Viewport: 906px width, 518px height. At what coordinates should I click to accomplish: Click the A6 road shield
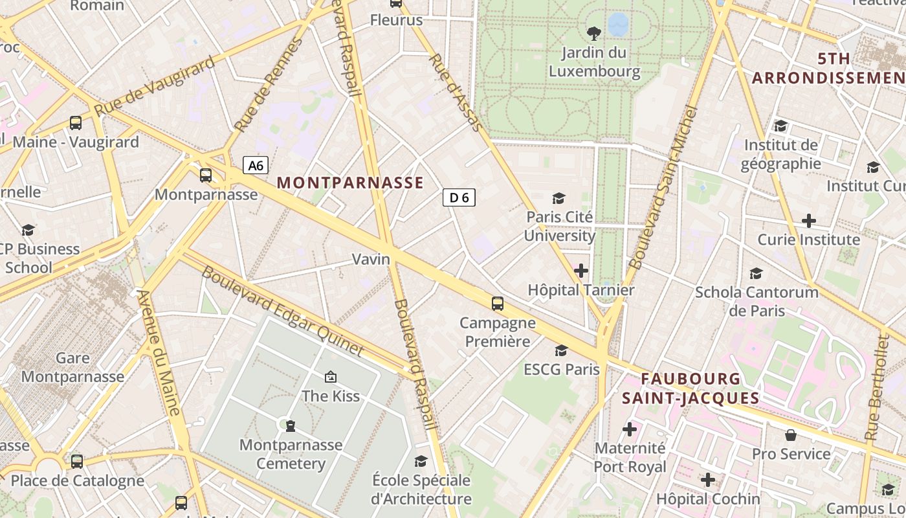tap(256, 166)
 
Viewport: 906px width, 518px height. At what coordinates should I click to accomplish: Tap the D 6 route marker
tap(459, 197)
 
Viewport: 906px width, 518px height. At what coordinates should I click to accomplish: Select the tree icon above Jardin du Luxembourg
tap(593, 33)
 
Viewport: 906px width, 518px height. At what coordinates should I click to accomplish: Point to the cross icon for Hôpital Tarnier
tap(581, 270)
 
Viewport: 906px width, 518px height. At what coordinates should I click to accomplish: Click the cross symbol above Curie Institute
tap(808, 221)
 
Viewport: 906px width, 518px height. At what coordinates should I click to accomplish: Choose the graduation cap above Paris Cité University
tap(558, 198)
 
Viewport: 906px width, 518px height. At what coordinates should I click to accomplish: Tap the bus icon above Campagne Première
tap(497, 303)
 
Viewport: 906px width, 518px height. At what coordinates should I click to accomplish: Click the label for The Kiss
tap(330, 396)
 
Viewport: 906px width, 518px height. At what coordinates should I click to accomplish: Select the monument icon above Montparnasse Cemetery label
tap(290, 425)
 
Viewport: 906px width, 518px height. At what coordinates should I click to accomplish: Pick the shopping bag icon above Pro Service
tap(790, 434)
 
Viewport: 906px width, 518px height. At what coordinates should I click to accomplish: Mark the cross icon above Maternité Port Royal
tap(629, 429)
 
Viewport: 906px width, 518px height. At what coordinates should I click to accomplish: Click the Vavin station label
tap(371, 259)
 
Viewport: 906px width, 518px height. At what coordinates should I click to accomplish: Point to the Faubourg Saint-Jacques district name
tap(691, 388)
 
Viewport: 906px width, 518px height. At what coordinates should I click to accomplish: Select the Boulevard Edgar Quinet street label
tap(282, 311)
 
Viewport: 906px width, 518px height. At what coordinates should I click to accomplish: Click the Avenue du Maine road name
tap(159, 352)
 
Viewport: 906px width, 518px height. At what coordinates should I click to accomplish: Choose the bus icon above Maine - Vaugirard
tap(76, 122)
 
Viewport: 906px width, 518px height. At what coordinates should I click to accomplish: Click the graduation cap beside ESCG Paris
tap(561, 350)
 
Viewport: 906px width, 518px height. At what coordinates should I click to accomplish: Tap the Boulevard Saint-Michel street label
tap(664, 188)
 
